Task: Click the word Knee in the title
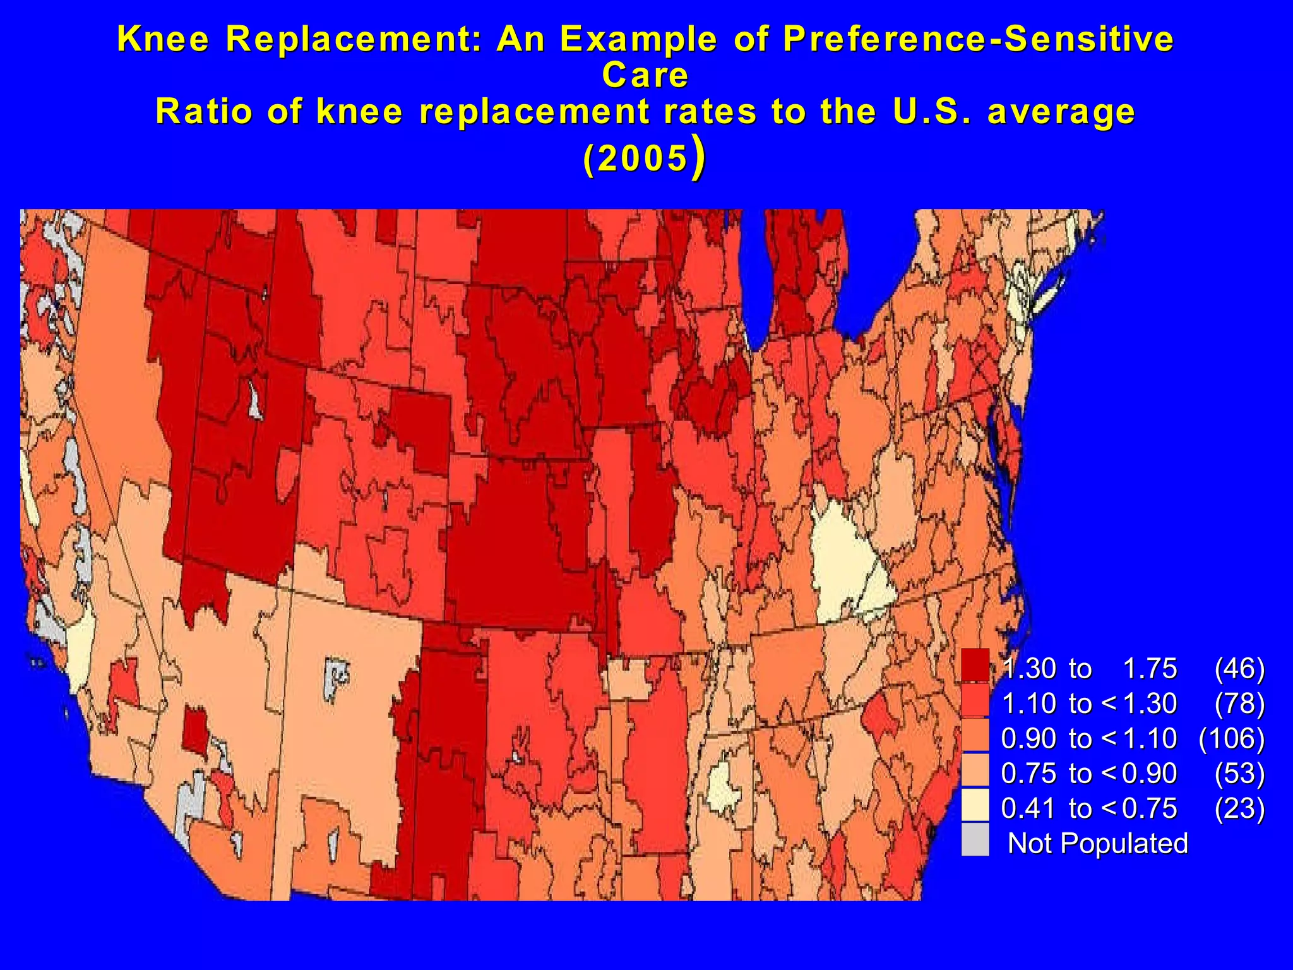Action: pos(163,39)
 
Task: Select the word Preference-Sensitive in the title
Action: pos(978,39)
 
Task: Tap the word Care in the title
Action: pos(645,75)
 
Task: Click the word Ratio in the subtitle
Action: pos(204,112)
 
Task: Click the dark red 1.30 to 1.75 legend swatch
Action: pos(975,666)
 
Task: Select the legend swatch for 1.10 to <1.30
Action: pos(975,701)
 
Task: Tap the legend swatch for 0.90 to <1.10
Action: pos(975,736)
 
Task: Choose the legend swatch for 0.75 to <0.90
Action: pos(975,770)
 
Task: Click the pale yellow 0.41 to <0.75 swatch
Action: pos(975,806)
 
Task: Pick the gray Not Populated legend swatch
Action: pos(975,841)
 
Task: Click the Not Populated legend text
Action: pos(1097,844)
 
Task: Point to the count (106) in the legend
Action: pos(1232,738)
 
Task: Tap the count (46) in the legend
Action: pos(1239,669)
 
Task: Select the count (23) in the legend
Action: pos(1239,808)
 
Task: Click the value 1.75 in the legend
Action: pos(1150,669)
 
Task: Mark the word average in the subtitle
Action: pos(1061,112)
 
